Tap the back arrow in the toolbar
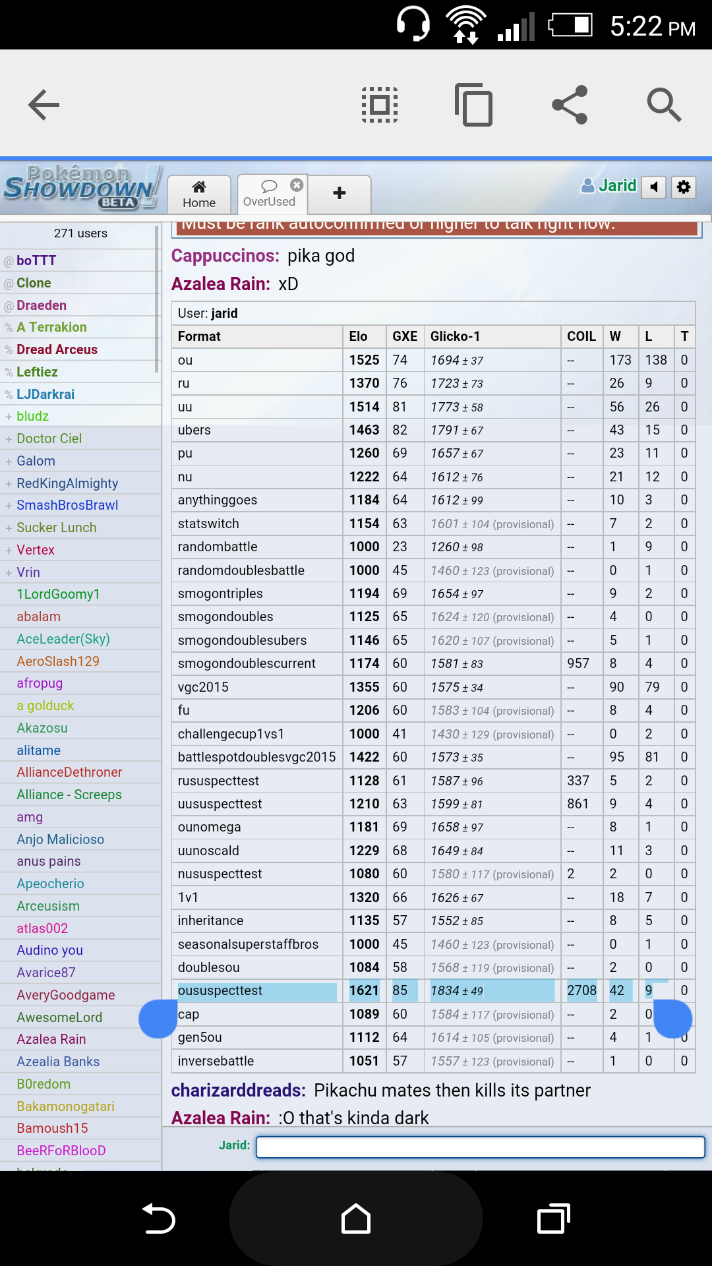(x=44, y=105)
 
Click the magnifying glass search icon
(x=663, y=105)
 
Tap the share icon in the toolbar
(x=570, y=105)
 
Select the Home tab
(x=199, y=195)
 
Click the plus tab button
(x=340, y=193)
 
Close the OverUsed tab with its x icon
(x=297, y=185)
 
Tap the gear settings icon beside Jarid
(x=684, y=187)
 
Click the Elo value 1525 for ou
(x=364, y=360)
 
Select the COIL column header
(x=581, y=336)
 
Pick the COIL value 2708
(x=581, y=990)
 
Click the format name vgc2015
(x=203, y=687)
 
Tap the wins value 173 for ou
(x=620, y=360)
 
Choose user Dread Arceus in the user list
(x=57, y=349)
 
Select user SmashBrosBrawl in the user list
(x=67, y=505)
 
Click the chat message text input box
(x=480, y=1147)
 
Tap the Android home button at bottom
(x=356, y=1219)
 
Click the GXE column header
(x=405, y=336)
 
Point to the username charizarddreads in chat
(x=238, y=1091)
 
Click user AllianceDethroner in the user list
(x=69, y=772)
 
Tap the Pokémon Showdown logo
(x=81, y=187)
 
